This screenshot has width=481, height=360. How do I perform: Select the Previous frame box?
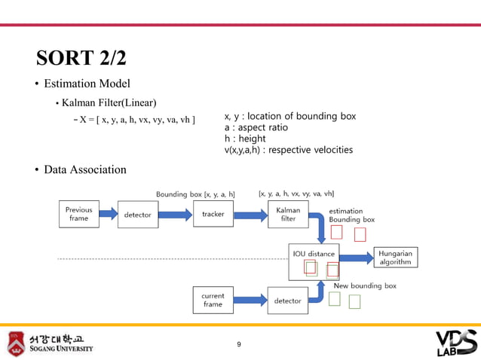pos(78,214)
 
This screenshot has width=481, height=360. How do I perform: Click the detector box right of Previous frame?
pos(137,215)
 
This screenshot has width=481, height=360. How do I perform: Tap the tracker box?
pos(213,214)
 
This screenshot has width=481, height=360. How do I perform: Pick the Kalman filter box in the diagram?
pos(288,214)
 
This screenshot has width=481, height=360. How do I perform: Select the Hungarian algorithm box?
pos(396,257)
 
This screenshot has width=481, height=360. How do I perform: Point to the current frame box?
pos(213,300)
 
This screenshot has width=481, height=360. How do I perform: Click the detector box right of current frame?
pos(287,301)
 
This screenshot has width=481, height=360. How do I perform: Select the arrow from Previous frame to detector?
pos(106,215)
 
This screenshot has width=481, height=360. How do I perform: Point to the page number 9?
pos(239,344)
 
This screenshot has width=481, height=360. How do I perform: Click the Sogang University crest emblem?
pos(16,343)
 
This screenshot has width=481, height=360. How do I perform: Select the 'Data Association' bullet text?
pos(84,169)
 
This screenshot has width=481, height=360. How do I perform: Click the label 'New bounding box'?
pos(365,285)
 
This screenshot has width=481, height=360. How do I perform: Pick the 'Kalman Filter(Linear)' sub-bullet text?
pos(109,102)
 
